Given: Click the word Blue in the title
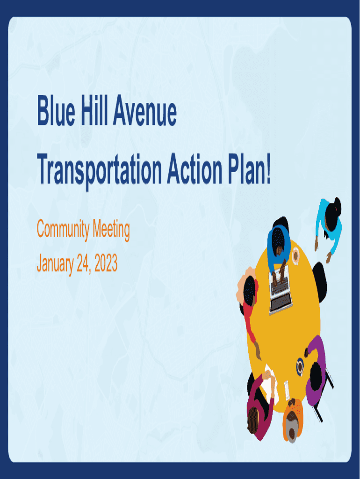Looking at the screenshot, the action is (56, 110).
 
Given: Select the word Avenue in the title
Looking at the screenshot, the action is (145, 110).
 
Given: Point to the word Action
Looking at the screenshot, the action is (195, 169).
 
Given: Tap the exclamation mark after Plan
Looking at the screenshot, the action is (268, 169).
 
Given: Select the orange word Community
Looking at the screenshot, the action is (63, 229).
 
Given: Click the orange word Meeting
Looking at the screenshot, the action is (111, 229).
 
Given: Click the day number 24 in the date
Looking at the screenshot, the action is (83, 263).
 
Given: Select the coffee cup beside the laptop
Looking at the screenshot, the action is (296, 256).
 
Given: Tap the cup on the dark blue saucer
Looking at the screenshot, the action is (300, 367).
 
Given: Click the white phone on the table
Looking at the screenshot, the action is (287, 390).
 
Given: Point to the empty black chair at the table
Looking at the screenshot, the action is (320, 281).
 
